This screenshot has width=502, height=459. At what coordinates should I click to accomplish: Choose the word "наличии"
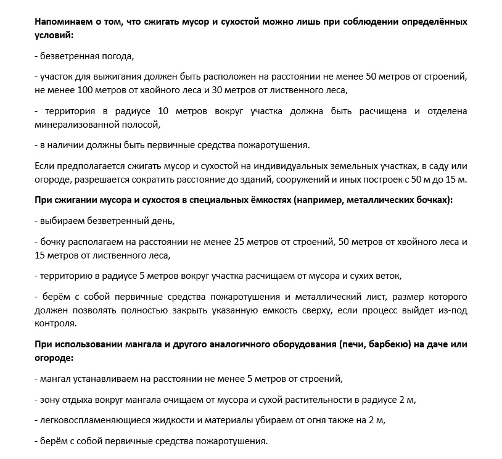(x=66, y=146)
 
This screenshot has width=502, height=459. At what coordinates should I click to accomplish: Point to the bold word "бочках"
(x=434, y=201)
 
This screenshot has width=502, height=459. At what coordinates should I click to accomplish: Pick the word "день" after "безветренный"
(x=162, y=220)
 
